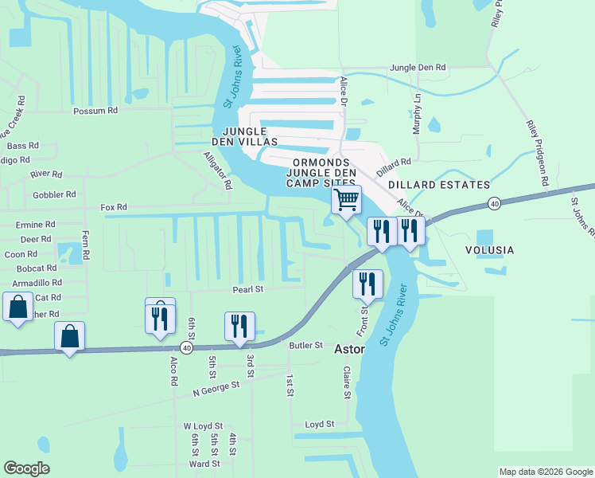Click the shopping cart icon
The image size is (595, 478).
(346, 199)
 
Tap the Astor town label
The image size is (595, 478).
(349, 349)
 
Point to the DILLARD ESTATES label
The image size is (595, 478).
(439, 185)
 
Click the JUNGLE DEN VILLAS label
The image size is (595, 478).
(250, 136)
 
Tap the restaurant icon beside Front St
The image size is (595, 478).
(367, 284)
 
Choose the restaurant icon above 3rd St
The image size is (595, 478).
(239, 325)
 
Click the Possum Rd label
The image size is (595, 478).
(95, 111)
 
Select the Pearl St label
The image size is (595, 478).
(247, 289)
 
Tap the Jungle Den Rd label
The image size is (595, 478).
(418, 69)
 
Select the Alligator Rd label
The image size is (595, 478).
(216, 170)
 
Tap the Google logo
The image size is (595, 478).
(26, 468)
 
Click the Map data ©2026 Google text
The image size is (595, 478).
(545, 472)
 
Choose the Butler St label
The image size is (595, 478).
(306, 346)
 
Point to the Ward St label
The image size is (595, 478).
(204, 464)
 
